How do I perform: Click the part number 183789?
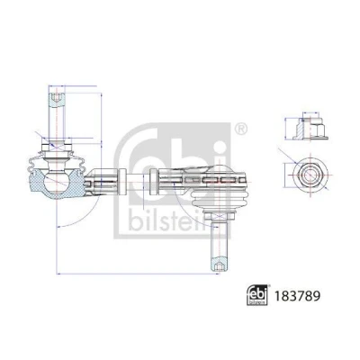[x=297, y=295]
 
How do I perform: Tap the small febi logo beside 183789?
[x=256, y=295]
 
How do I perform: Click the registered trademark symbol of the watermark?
[x=240, y=130]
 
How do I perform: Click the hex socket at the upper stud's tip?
[x=57, y=97]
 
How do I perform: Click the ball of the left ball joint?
[x=57, y=183]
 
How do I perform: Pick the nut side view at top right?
[x=310, y=128]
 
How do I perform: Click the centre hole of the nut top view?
[x=308, y=175]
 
